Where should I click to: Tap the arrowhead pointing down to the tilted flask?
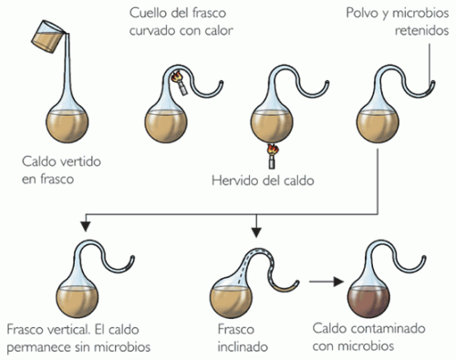click(x=257, y=229)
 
